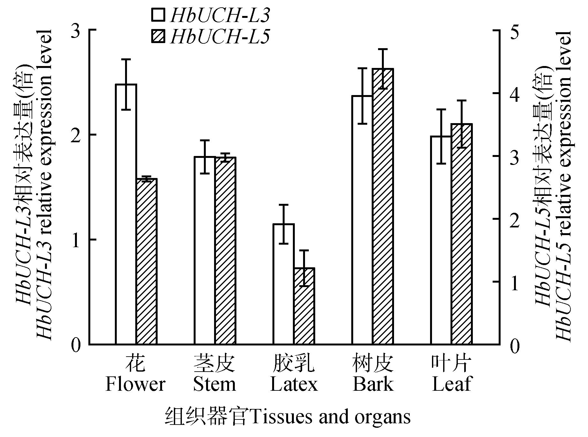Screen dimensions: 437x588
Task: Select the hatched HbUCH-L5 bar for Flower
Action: click(x=147, y=262)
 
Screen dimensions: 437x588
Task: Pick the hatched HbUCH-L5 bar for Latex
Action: click(x=304, y=306)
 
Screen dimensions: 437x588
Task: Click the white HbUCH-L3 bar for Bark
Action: click(x=362, y=220)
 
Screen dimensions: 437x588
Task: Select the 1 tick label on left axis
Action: click(x=75, y=241)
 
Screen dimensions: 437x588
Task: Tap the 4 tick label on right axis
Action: click(x=515, y=94)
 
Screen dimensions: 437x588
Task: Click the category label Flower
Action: click(x=135, y=384)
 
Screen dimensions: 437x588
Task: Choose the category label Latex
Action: click(x=294, y=384)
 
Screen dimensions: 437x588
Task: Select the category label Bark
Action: click(x=373, y=384)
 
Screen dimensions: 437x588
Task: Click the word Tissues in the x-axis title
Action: click(x=276, y=417)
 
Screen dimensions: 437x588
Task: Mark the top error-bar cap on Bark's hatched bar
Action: click(x=383, y=49)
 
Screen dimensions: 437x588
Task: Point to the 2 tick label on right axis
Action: click(x=515, y=220)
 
